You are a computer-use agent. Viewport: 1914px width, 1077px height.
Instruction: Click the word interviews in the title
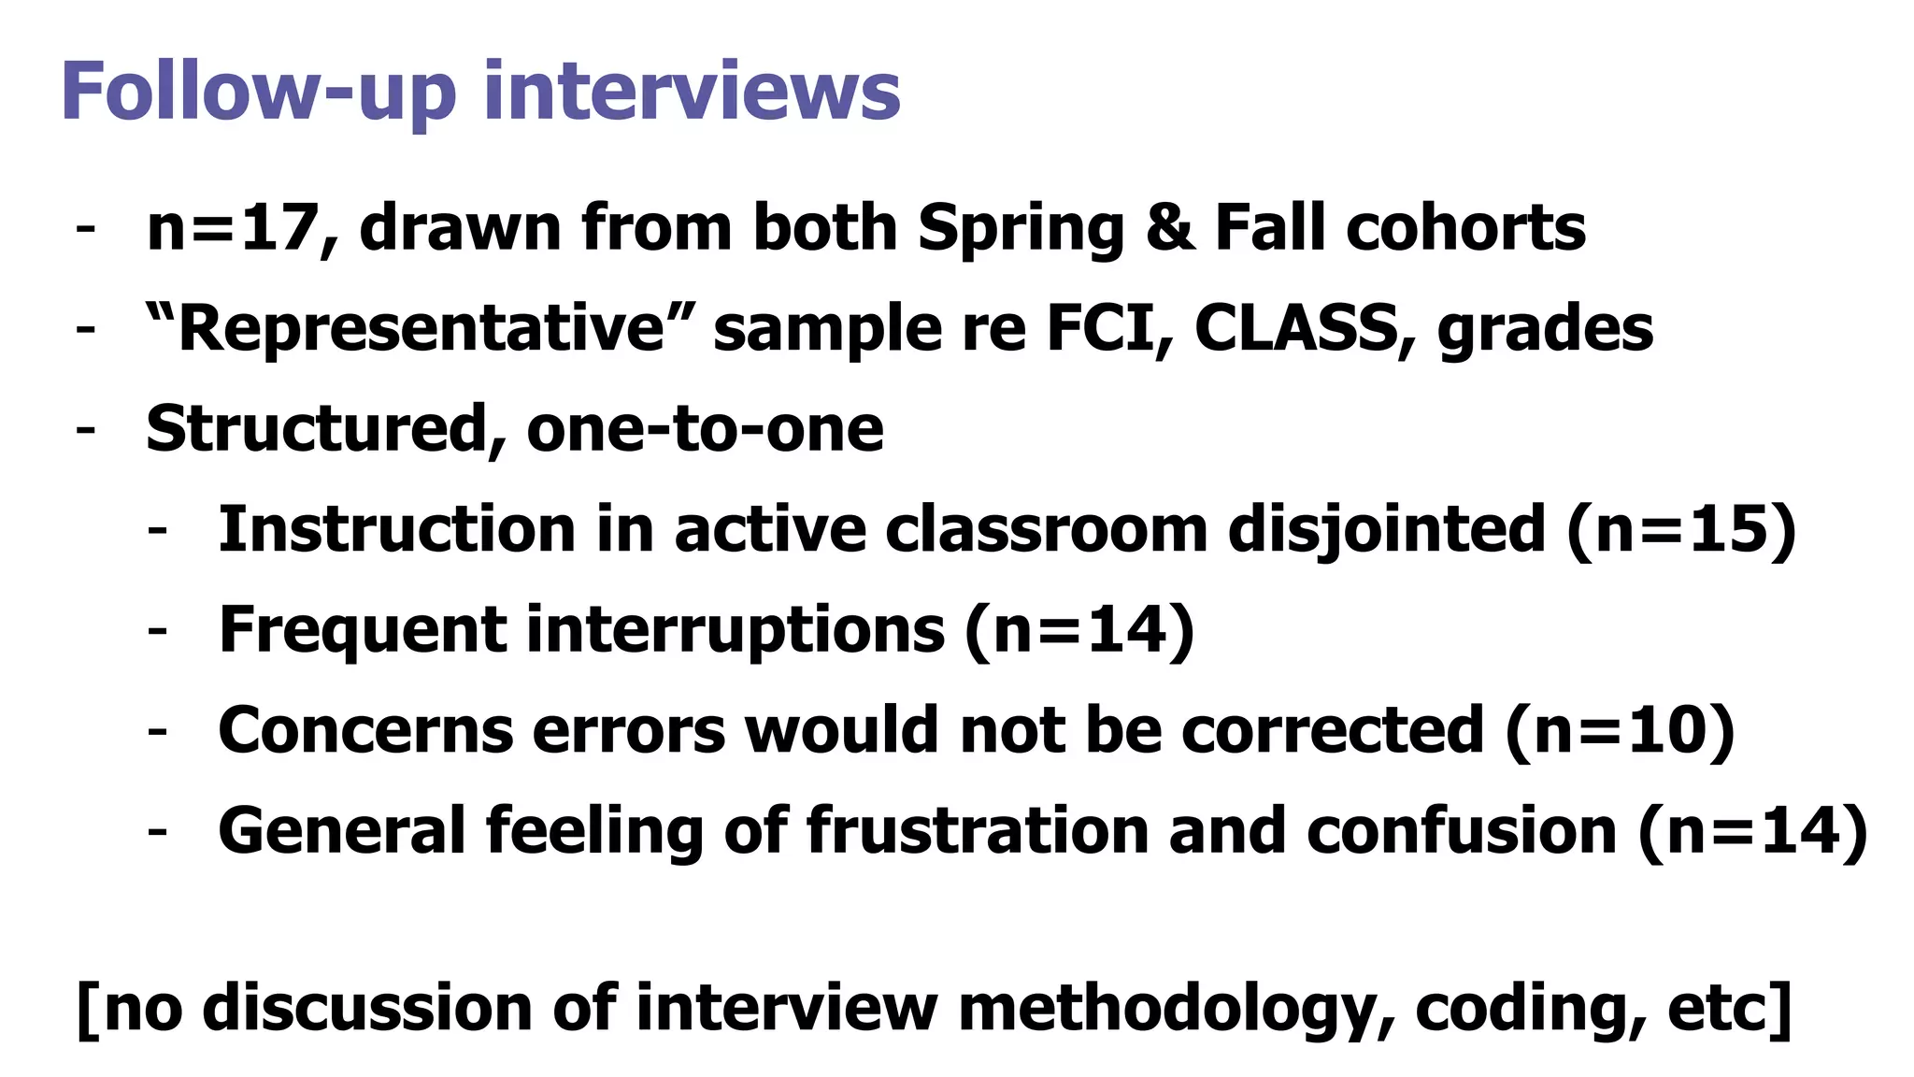692,92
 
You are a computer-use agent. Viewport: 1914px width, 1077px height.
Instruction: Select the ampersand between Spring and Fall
1170,227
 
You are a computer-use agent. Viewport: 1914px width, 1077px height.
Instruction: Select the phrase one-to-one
705,429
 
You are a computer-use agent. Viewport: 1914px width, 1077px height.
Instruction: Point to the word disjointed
1386,530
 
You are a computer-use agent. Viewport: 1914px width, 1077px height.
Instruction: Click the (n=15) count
1680,530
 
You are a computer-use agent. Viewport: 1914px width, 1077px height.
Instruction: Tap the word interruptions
736,629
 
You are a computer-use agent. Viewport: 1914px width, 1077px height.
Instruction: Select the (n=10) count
1620,730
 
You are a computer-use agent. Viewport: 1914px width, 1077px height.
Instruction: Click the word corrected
1332,730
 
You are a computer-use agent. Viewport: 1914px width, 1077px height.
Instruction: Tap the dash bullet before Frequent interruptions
157,629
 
